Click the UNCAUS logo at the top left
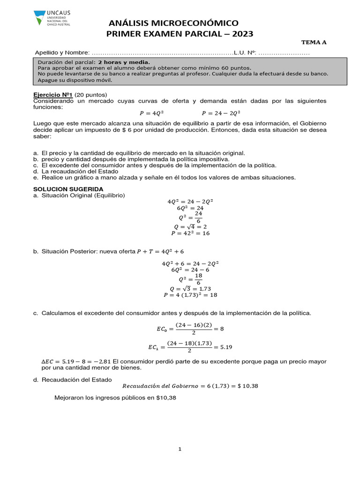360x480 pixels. pos(52,18)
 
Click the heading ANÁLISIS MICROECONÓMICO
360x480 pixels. pos(173,23)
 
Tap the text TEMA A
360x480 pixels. pos(314,42)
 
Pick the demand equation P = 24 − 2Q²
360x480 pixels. pos(221,113)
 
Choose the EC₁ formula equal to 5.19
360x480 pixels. pos(190,347)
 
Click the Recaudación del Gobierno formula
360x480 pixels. pos(190,386)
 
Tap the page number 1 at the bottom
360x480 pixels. pos(180,450)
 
